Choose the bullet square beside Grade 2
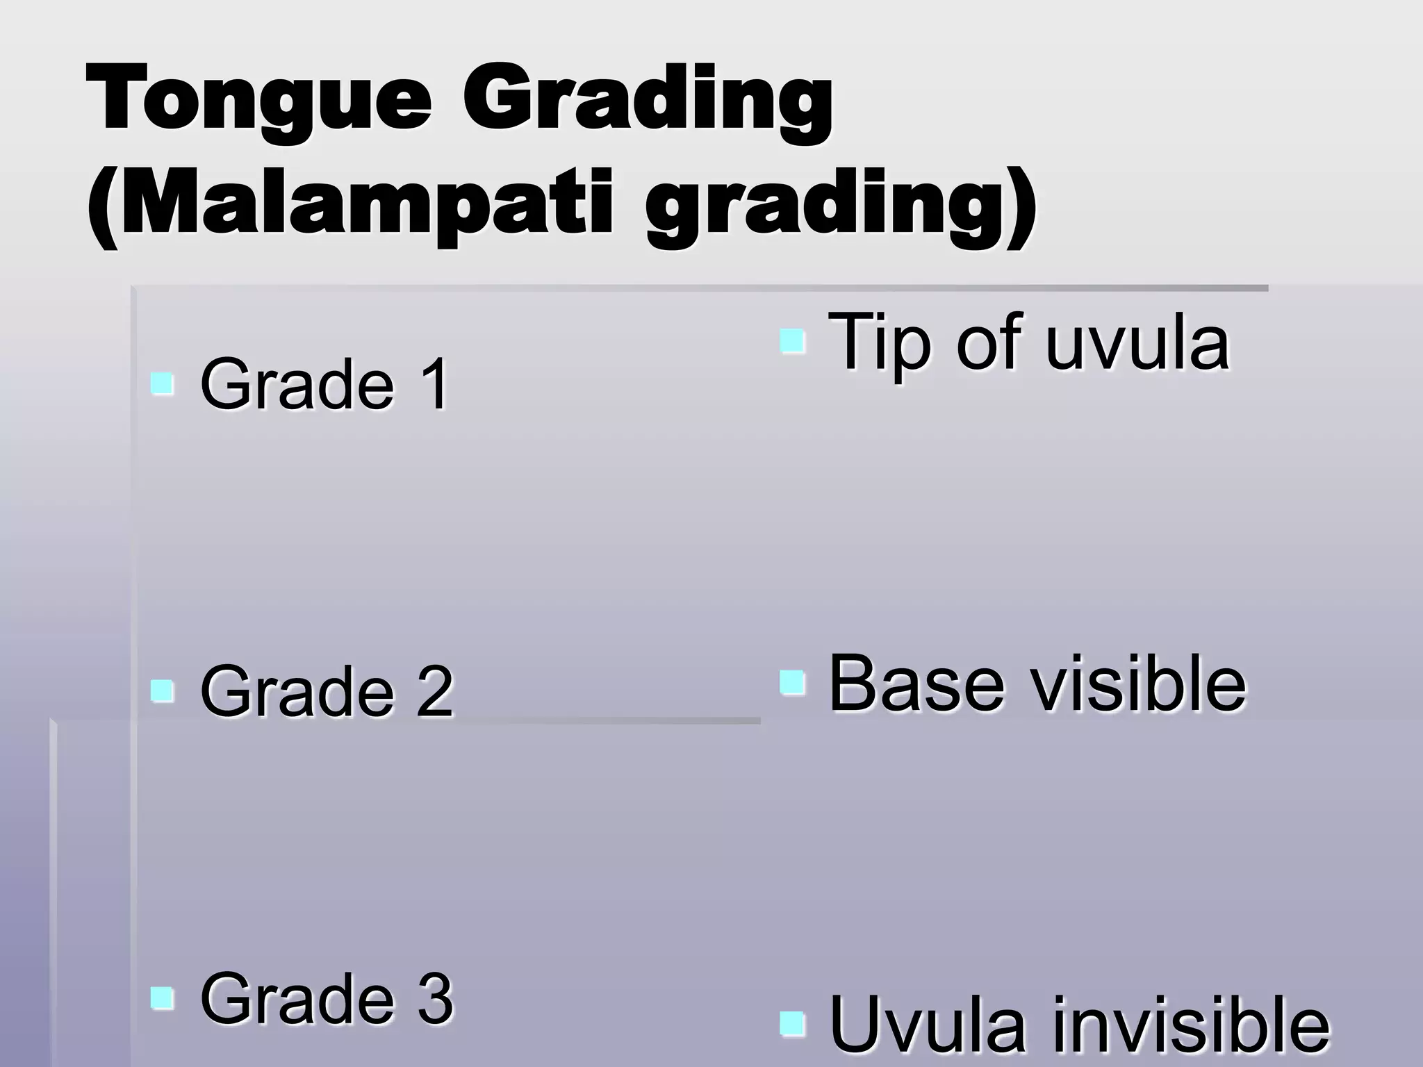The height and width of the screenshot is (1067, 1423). pos(163,691)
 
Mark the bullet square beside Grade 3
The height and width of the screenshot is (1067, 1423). pos(163,998)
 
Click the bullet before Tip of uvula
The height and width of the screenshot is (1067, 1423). pos(792,341)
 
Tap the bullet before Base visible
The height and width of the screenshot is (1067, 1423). pos(792,683)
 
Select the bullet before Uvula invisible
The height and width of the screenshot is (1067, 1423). pos(792,1024)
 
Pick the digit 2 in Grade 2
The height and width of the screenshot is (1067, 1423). pos(434,692)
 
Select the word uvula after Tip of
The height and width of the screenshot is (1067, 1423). pos(1137,343)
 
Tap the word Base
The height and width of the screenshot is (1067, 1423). pos(916,684)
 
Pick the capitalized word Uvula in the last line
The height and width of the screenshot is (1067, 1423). pos(928,1025)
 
